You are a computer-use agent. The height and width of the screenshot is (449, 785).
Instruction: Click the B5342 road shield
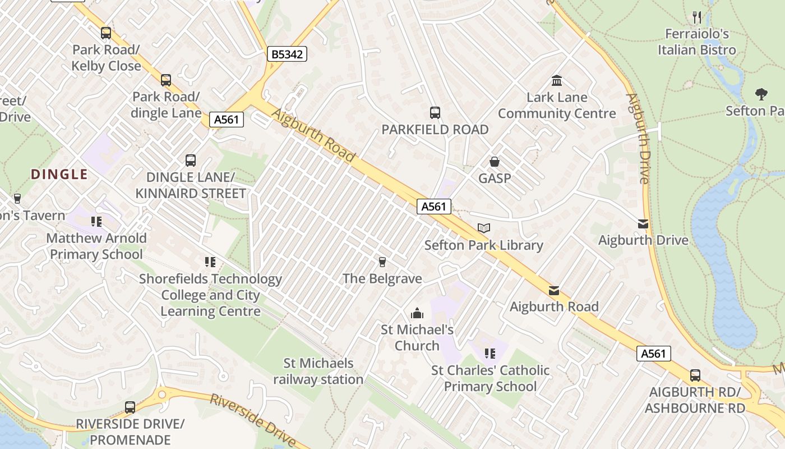[287, 54]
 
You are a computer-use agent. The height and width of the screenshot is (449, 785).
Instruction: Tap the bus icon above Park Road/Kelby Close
[106, 33]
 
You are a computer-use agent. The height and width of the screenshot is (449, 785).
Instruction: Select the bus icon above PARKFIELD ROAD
[435, 112]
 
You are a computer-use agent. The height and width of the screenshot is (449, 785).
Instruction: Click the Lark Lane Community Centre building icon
[557, 80]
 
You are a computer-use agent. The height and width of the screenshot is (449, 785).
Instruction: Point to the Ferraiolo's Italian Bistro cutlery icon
[697, 17]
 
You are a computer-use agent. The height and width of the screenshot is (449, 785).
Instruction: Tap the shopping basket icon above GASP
[495, 162]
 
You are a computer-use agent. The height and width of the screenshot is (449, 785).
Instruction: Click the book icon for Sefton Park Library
[483, 228]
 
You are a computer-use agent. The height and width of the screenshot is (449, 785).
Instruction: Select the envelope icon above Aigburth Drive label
[643, 224]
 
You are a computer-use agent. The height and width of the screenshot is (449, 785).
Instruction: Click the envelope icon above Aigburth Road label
[554, 290]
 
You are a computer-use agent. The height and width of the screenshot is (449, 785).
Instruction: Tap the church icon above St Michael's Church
[417, 313]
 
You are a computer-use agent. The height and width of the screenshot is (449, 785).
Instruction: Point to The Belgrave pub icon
[382, 262]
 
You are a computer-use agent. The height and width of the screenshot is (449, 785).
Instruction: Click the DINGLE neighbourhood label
[59, 174]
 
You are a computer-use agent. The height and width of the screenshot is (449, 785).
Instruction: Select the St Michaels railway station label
[318, 372]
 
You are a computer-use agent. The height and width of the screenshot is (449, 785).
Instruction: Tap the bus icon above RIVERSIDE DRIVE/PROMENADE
[130, 407]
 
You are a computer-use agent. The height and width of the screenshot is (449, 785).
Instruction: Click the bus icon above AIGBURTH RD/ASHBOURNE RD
[695, 375]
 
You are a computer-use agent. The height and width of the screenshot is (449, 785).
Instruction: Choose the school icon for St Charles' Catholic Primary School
[490, 354]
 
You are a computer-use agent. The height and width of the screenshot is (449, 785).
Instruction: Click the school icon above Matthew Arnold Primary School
[96, 222]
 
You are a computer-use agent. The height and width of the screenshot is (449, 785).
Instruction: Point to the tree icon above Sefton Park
[761, 94]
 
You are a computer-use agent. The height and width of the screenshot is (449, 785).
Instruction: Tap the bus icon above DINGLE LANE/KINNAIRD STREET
[191, 161]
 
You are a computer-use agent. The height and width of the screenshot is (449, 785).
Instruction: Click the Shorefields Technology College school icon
[210, 262]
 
